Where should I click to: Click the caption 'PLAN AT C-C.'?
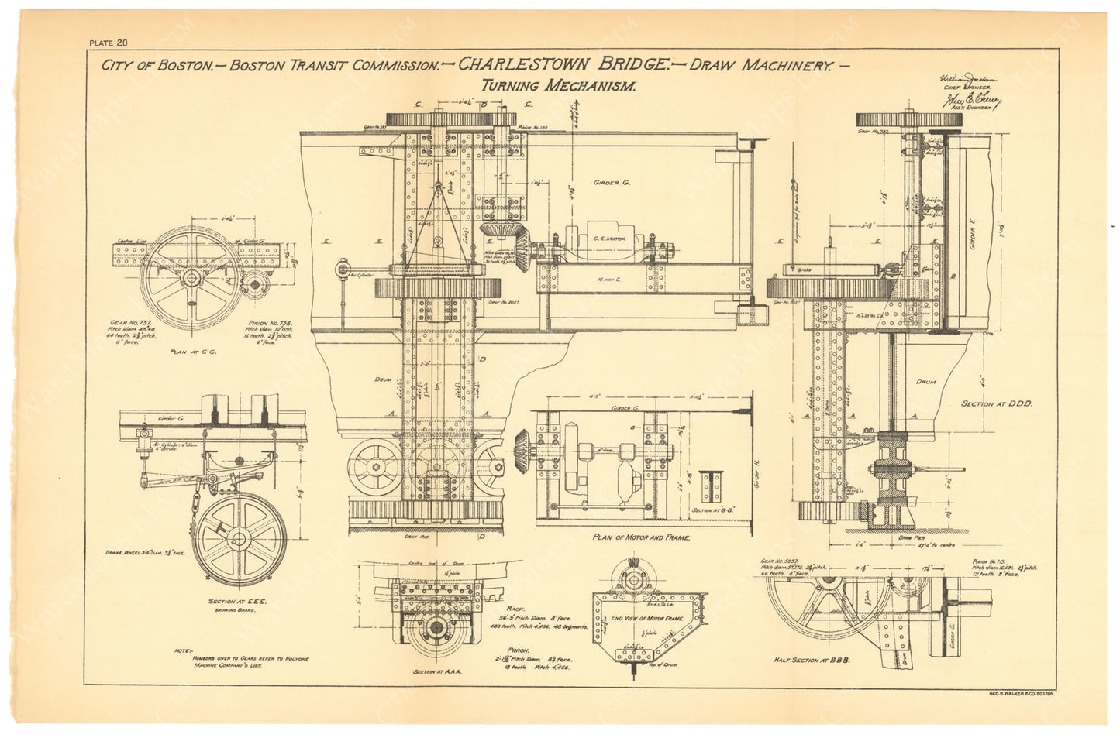point(191,351)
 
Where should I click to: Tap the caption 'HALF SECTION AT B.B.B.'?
point(812,659)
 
